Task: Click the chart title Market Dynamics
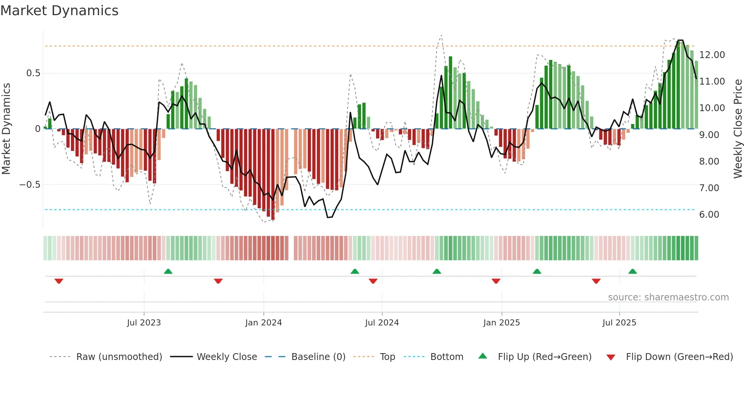point(59,11)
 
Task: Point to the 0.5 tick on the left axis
point(33,73)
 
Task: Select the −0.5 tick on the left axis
point(30,185)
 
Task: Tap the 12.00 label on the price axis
point(712,55)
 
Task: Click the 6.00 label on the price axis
point(709,215)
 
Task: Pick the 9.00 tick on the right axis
point(709,135)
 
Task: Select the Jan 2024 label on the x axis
point(263,323)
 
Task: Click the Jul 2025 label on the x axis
point(619,323)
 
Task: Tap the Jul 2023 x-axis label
point(144,323)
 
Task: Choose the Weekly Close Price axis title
point(738,129)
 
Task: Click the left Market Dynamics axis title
point(6,129)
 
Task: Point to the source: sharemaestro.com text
point(668,297)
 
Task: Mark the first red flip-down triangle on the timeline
point(59,281)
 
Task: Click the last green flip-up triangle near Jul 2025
point(632,272)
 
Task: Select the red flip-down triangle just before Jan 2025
point(496,281)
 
